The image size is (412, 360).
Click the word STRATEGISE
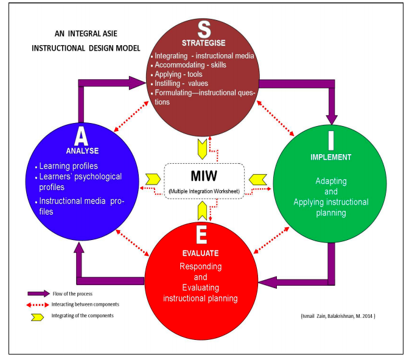(204, 43)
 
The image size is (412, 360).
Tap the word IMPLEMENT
(330, 157)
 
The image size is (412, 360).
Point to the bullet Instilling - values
(182, 83)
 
